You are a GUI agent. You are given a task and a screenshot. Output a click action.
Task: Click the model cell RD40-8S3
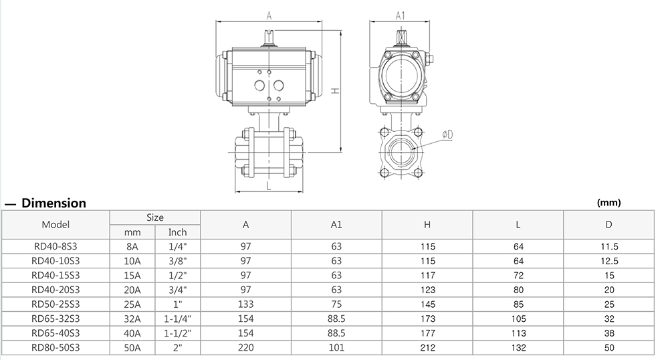56,246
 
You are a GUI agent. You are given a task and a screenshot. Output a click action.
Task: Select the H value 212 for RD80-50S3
428,348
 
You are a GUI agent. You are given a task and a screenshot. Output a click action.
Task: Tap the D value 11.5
609,246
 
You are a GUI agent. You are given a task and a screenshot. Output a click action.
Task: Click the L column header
518,226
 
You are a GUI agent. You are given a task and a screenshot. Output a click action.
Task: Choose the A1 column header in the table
336,226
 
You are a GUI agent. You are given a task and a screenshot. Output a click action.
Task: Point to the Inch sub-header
177,232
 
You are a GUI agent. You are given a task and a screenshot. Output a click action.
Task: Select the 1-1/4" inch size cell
177,319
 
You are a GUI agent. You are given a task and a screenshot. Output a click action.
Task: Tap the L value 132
518,348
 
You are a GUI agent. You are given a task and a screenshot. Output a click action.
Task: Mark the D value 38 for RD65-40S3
609,333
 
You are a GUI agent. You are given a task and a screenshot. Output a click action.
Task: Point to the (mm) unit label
608,203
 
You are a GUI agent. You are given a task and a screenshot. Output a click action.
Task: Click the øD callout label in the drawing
447,134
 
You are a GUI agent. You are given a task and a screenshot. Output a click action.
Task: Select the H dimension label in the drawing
338,92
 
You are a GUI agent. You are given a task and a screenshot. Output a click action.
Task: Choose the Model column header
55,225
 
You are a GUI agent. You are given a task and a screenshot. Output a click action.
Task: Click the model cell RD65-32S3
56,319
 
